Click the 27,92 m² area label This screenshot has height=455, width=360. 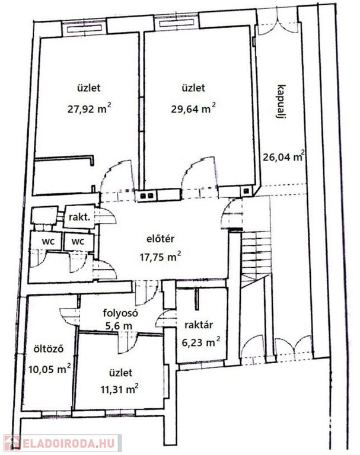89,109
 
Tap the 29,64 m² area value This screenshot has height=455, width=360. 193,109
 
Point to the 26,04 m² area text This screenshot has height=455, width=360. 284,156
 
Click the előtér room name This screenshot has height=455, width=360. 160,239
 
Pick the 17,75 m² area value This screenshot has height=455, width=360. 161,256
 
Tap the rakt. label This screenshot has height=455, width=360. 79,217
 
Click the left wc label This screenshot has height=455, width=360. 48,241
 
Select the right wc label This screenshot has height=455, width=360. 78,241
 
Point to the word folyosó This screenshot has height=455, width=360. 120,313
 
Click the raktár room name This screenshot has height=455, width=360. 199,325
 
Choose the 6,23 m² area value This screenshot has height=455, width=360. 201,342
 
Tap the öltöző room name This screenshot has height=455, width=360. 48,348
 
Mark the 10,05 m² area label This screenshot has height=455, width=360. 50,369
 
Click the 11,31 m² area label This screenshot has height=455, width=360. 119,389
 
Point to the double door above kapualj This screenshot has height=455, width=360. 277,23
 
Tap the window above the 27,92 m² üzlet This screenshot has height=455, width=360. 84,28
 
